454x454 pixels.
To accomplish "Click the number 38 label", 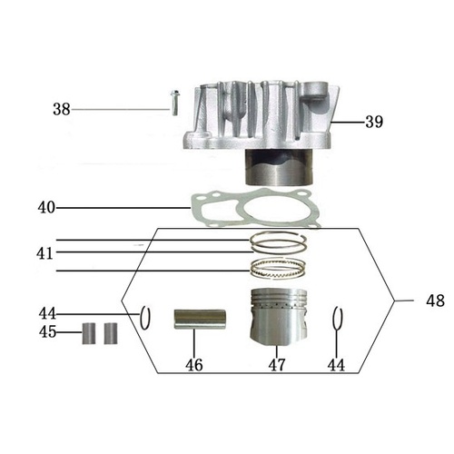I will pos(61,109).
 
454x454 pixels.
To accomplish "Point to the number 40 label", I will pos(46,207).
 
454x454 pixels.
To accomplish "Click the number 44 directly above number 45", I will pos(47,314).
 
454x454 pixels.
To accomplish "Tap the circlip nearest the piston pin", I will pos(144,320).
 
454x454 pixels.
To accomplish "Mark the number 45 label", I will pos(47,332).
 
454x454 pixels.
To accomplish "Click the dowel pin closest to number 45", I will pos(91,332).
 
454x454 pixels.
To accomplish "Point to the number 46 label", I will pos(194,365).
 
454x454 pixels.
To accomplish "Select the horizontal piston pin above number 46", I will pos(193,321).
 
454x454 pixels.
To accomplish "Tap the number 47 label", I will pos(274,365).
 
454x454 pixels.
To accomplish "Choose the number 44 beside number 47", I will pos(338,365).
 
